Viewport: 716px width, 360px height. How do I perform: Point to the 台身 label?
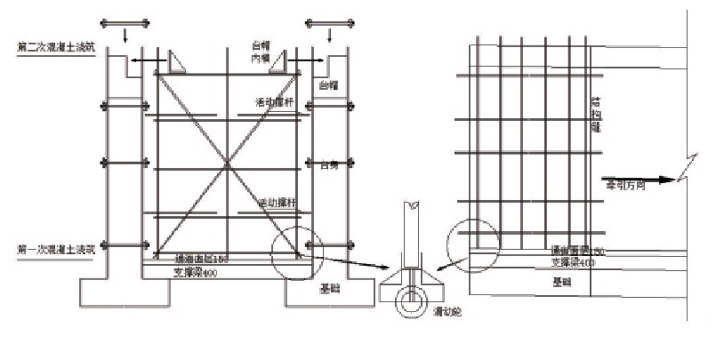click(331, 164)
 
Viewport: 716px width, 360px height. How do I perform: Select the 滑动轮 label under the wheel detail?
click(445, 313)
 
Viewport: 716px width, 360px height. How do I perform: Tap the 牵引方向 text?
click(624, 187)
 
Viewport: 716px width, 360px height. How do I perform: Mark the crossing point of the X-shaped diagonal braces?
click(229, 164)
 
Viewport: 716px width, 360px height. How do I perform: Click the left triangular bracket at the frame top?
click(173, 61)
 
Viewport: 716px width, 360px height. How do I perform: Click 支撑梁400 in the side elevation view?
click(572, 262)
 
